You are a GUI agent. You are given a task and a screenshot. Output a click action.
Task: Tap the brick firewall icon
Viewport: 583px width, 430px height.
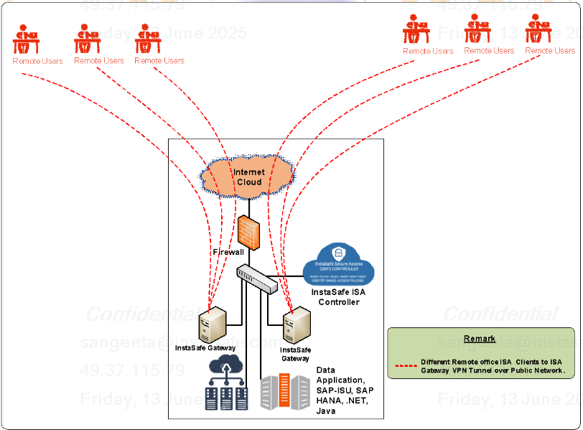coord(248,230)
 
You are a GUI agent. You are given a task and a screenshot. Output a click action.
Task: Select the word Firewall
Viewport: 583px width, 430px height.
coord(228,252)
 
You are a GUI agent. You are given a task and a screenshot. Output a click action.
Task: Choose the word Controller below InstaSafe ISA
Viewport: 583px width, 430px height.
coord(339,302)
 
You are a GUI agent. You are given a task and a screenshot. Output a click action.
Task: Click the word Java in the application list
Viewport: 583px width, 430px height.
coord(325,411)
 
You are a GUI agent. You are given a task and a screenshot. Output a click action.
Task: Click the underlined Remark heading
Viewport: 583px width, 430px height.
coord(479,339)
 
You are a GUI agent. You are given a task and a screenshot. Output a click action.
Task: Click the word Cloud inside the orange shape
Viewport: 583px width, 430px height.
coord(249,182)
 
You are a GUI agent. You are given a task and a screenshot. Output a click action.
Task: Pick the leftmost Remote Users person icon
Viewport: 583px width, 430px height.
coord(27,40)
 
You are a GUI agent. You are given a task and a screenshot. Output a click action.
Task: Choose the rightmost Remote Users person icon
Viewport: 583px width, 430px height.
coord(539,30)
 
